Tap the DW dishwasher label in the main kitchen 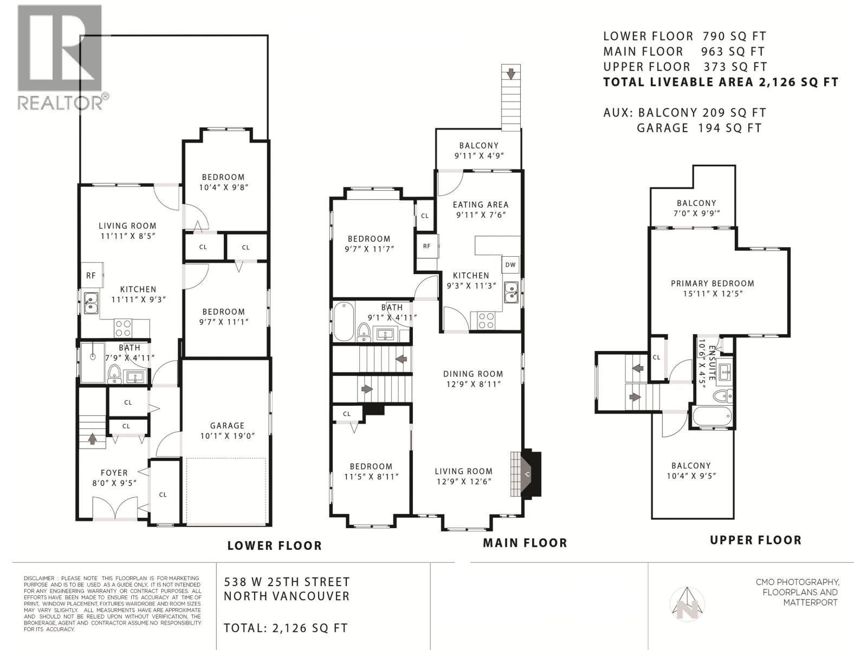pos(510,265)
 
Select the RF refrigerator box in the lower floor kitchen pos(91,276)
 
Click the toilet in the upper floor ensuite pos(723,396)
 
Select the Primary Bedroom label pos(712,283)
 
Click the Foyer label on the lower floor pos(114,473)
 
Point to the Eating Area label pos(480,205)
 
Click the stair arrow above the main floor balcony pos(510,72)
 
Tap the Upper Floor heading pos(755,540)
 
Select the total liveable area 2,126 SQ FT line pos(721,82)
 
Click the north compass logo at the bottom pos(687,603)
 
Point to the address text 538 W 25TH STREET pos(287,582)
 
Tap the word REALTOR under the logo pos(61,102)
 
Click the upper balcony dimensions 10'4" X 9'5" pos(690,476)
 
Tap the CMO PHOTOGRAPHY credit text pos(798,582)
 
